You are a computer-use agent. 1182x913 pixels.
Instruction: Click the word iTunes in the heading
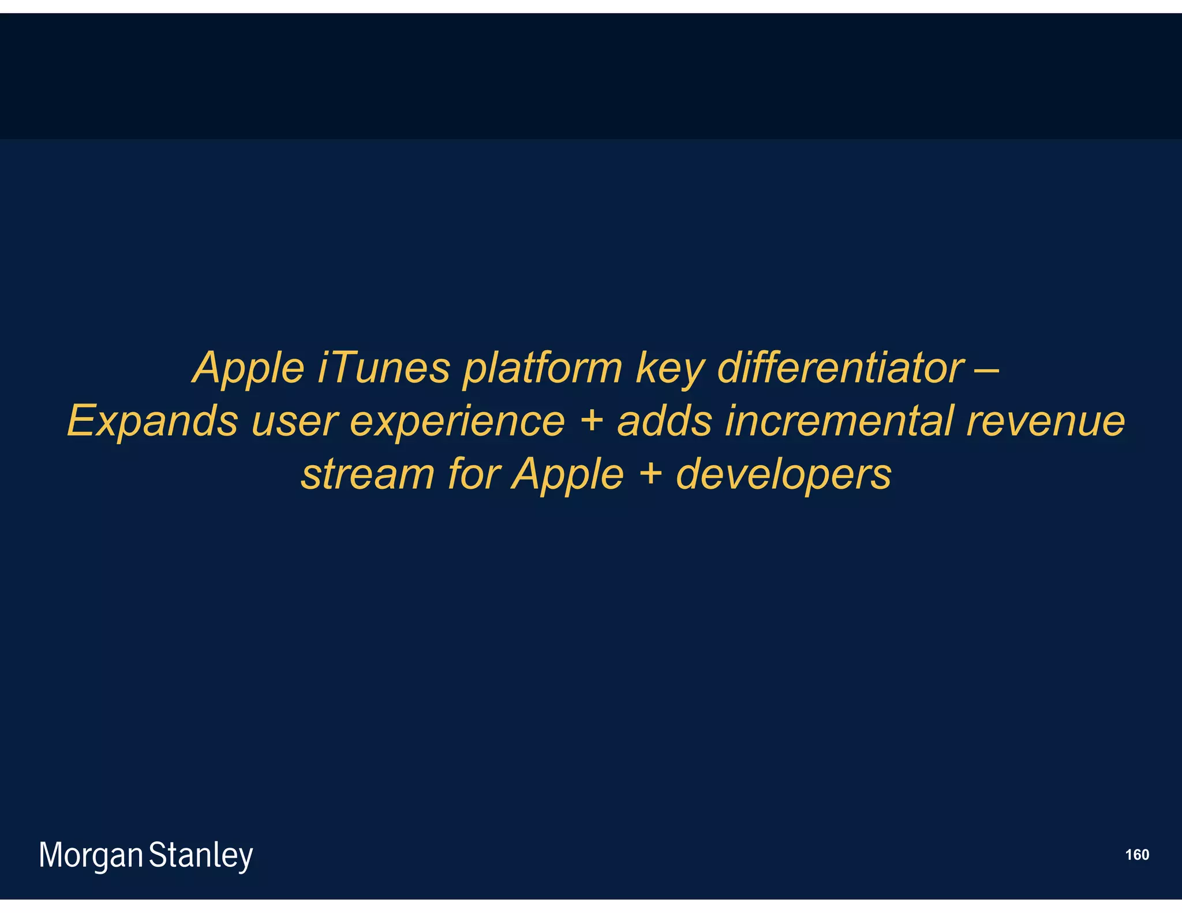pos(383,368)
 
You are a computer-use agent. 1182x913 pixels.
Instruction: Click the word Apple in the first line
pos(249,368)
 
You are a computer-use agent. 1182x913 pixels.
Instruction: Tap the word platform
pos(543,368)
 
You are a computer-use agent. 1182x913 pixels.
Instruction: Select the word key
pos(669,368)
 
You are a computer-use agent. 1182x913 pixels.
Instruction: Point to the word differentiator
pos(840,368)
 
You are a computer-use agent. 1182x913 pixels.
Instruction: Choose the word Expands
pos(152,421)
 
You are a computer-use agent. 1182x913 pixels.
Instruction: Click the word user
pos(294,421)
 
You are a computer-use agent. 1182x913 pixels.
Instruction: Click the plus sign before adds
pos(591,421)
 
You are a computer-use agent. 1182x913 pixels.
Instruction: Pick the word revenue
pos(1045,421)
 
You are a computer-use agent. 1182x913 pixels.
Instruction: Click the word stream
pos(368,474)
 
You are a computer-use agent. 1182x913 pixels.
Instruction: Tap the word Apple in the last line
pos(568,474)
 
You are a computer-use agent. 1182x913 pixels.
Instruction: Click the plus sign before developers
pos(650,474)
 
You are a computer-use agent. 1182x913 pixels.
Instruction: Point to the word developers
pos(783,474)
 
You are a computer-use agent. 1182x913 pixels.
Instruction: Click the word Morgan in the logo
pos(91,856)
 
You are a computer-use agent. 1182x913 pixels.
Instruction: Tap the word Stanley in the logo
pos(201,856)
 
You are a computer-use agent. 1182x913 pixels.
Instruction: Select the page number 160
pos(1137,855)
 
